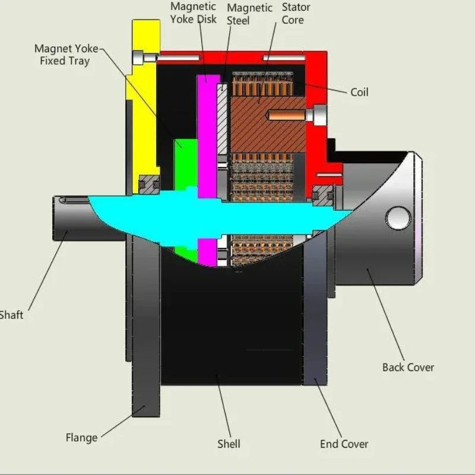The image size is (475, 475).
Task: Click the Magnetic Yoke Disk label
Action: point(193,12)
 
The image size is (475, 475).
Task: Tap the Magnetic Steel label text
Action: point(249,14)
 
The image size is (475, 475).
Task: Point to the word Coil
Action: point(359,92)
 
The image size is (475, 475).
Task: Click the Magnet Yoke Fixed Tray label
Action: point(65,55)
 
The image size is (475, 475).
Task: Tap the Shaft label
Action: point(11,315)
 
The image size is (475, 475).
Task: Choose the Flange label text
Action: point(81,438)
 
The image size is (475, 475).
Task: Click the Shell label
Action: point(229,444)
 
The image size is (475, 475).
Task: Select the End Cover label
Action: point(344,444)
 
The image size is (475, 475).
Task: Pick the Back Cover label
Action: point(408,367)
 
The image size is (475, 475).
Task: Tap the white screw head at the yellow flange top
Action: point(138,58)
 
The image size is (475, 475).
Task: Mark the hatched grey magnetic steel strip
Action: point(222,119)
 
